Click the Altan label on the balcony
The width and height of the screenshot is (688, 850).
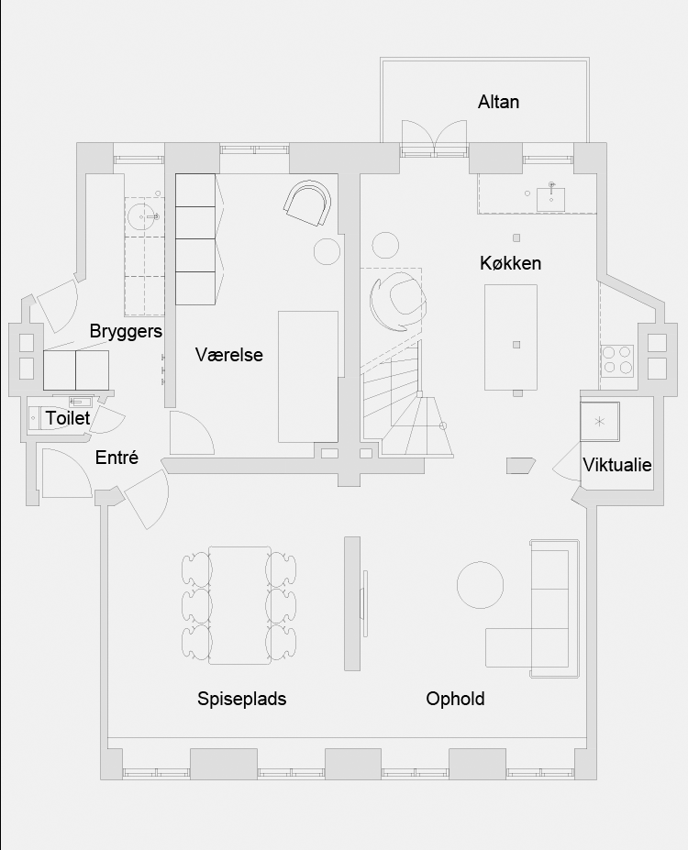[x=498, y=102]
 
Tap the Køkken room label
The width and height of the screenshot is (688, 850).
[x=510, y=263]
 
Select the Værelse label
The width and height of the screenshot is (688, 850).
[x=228, y=355]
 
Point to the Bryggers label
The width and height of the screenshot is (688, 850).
[x=126, y=331]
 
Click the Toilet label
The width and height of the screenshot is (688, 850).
[x=68, y=418]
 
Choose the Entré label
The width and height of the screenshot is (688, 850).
[x=117, y=458]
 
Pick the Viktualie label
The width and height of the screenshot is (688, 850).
[x=617, y=465]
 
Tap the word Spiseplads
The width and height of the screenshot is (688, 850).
[x=242, y=699]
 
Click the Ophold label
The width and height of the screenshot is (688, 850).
[x=455, y=699]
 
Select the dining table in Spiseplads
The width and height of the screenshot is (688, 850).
[x=239, y=605]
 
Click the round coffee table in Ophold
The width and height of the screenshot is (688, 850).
[x=480, y=585]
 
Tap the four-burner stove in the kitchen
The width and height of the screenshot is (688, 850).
[x=617, y=360]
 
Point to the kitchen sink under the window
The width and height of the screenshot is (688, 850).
[x=550, y=199]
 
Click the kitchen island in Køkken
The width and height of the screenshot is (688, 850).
[x=511, y=337]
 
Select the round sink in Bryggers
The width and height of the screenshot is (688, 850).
[x=144, y=216]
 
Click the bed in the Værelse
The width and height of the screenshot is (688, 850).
[x=308, y=377]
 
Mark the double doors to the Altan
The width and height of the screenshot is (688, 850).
[x=434, y=138]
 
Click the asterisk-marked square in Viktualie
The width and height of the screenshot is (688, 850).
[x=600, y=421]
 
